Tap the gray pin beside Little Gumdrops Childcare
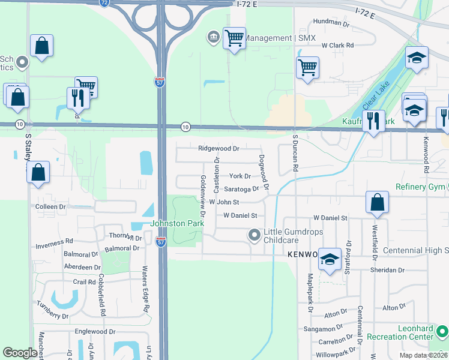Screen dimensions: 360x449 click(255, 235)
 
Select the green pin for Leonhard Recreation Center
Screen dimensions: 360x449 click(442, 331)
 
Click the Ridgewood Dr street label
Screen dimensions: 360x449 click(218, 148)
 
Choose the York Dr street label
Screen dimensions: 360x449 click(240, 176)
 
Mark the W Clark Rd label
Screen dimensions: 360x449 click(338, 45)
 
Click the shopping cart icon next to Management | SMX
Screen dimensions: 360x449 click(234, 38)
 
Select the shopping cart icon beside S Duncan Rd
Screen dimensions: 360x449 click(307, 67)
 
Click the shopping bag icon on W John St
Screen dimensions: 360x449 click(377, 202)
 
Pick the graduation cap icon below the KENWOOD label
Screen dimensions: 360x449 click(329, 259)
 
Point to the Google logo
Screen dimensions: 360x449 click(20, 353)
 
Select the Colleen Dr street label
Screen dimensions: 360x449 click(50, 206)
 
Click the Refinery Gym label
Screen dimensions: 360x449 click(419, 187)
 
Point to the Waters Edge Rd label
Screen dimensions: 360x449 click(145, 289)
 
